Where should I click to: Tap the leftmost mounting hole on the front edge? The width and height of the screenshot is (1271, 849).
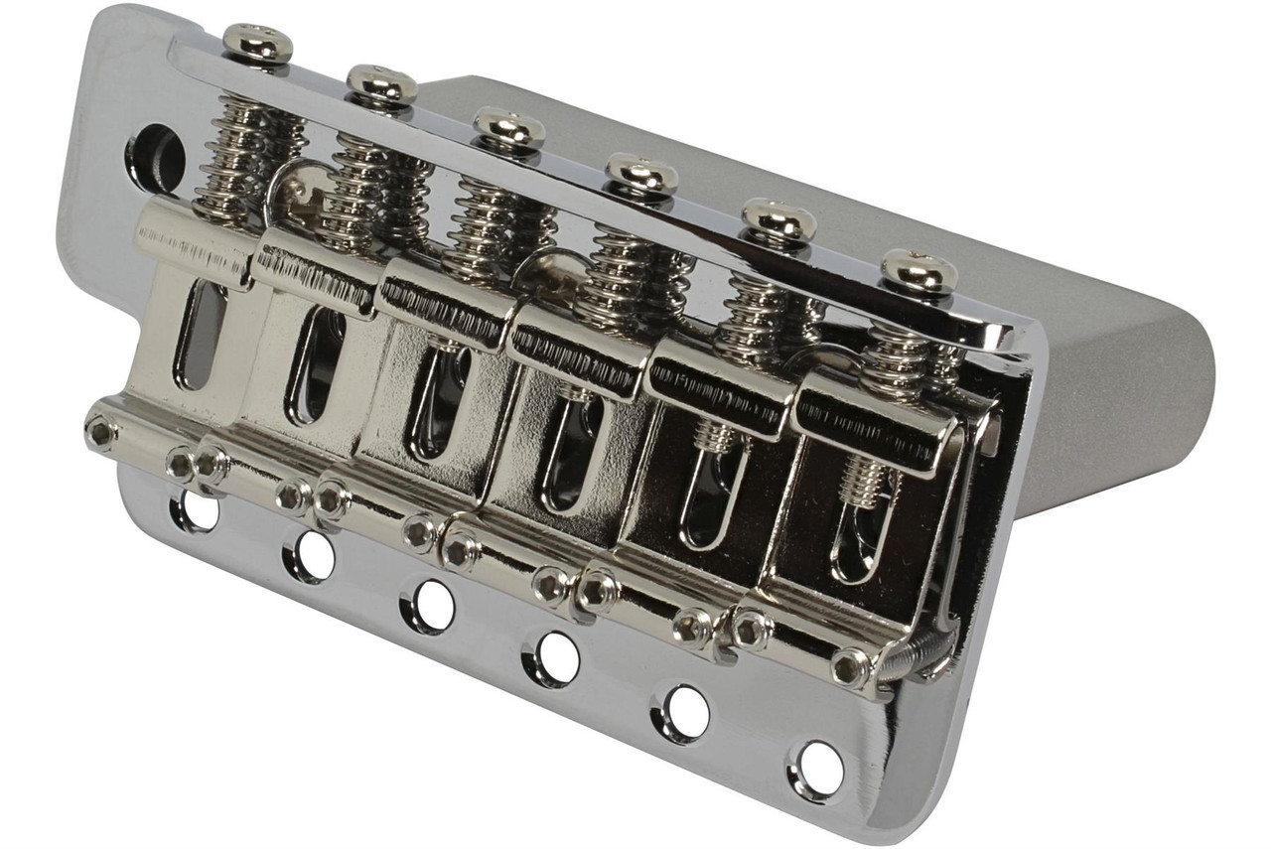click(196, 510)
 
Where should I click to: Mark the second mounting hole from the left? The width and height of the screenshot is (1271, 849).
click(310, 556)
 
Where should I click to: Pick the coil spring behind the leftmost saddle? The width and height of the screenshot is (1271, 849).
click(238, 164)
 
